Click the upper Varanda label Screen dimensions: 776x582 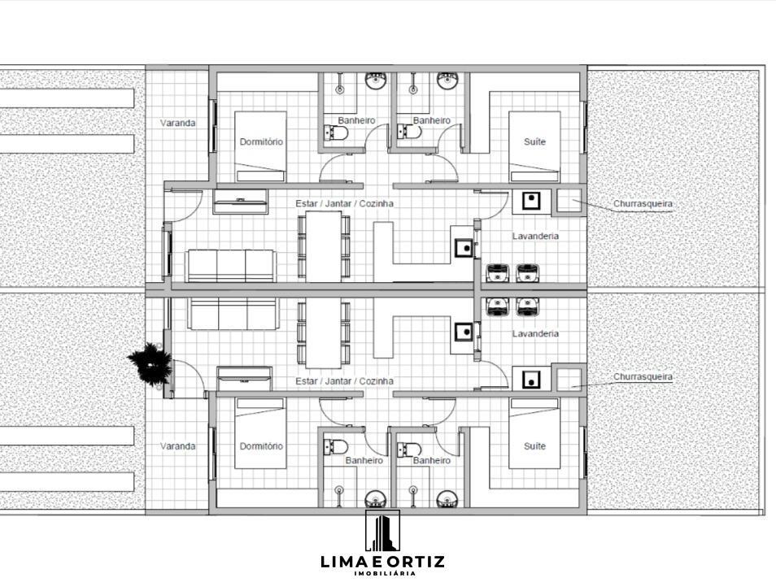[177, 123]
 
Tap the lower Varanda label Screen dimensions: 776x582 [177, 446]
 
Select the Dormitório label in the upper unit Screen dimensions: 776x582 [261, 142]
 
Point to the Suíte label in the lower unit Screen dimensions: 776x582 [534, 446]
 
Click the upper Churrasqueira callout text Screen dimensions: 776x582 [643, 203]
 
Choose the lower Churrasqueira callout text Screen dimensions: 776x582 [643, 376]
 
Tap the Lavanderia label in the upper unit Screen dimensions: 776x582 [535, 236]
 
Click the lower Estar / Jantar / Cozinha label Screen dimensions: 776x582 [344, 380]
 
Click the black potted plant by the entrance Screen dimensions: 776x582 [150, 363]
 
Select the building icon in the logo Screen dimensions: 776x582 [382, 531]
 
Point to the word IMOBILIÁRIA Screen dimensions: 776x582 [385, 573]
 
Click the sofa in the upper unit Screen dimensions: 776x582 [231, 266]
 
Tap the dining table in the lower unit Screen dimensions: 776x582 [324, 332]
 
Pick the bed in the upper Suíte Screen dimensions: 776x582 [534, 146]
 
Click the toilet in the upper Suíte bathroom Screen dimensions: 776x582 [409, 132]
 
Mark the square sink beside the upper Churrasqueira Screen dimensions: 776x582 [530, 200]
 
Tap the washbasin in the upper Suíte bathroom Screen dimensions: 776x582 [448, 79]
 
